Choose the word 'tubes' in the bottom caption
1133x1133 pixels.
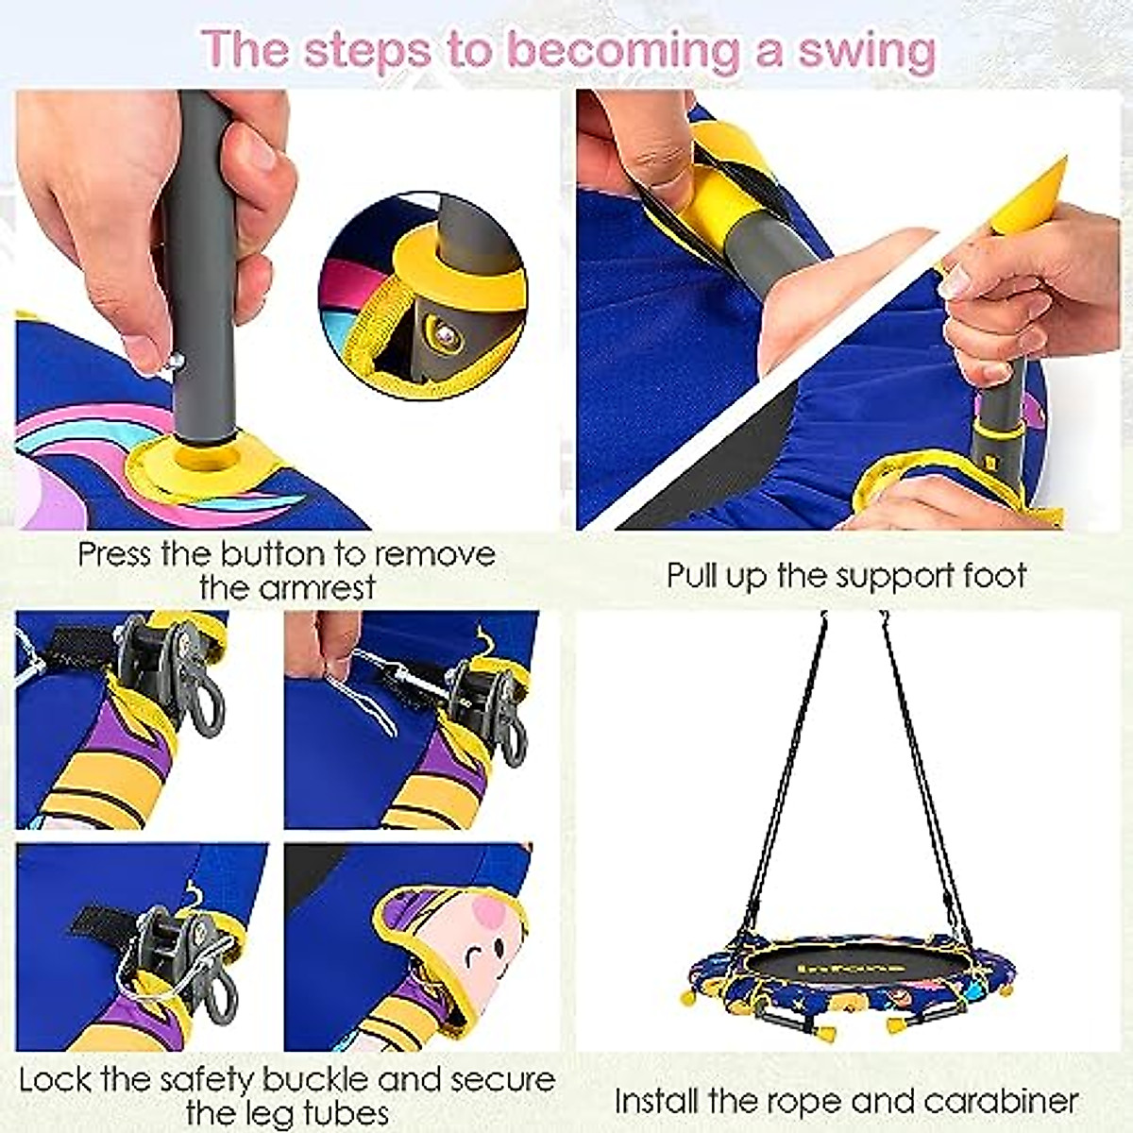tap(340, 1113)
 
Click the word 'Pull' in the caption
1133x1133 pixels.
tap(694, 575)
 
